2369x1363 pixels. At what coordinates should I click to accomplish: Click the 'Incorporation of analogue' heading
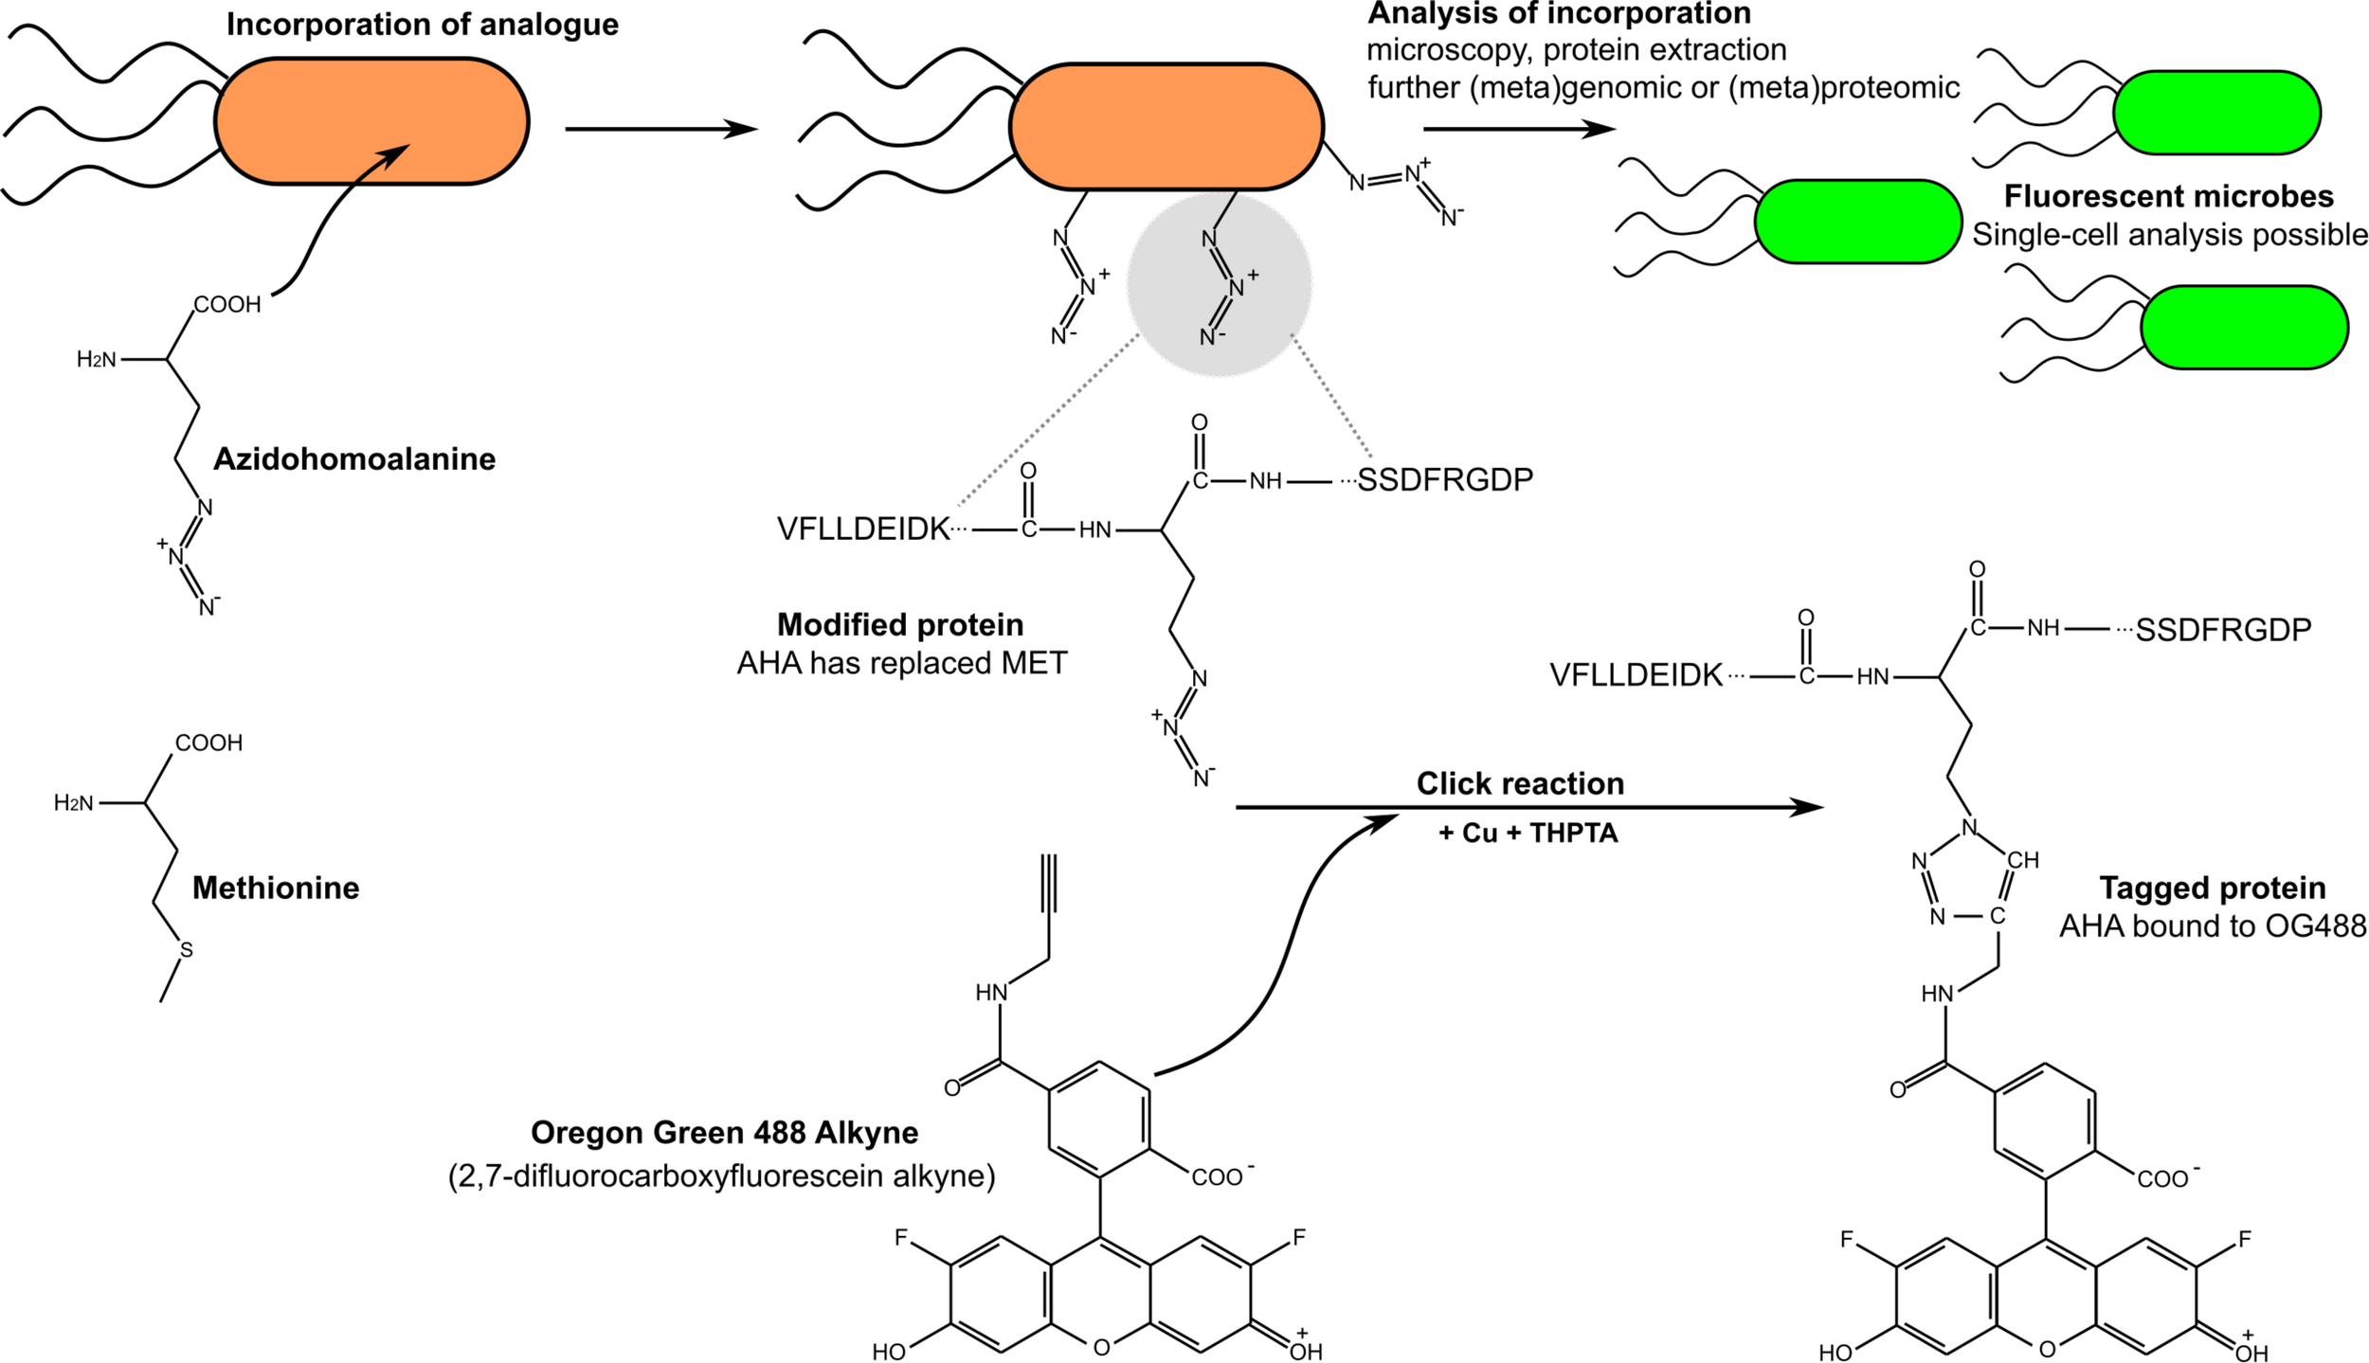coord(422,25)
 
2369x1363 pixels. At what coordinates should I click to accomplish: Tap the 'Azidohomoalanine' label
coord(354,459)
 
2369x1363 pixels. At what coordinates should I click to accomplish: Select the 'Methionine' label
coord(276,888)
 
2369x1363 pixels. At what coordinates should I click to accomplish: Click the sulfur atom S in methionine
coord(187,950)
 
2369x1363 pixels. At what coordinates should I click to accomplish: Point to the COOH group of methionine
coord(208,744)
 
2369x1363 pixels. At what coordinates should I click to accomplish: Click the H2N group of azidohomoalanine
coord(97,360)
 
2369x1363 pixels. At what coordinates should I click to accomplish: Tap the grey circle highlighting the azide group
coord(1219,284)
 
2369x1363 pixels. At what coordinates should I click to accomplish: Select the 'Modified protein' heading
coord(900,625)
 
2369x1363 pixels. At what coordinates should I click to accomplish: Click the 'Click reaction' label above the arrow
coord(1520,784)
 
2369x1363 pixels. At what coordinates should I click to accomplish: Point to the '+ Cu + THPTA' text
coord(1528,834)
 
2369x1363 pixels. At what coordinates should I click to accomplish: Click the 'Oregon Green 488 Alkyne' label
coord(724,1133)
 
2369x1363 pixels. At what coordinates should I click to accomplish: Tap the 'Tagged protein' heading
coord(2213,888)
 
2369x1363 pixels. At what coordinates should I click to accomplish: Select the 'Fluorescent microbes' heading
coord(2168,197)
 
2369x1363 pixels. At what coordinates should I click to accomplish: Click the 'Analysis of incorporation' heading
coord(1560,14)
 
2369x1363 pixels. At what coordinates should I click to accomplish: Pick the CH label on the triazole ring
coord(2022,861)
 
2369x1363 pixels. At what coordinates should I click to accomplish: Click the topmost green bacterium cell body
coord(2216,113)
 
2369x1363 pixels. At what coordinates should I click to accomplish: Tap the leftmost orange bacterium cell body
coord(371,121)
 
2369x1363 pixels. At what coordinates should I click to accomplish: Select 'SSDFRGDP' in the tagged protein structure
coord(2223,631)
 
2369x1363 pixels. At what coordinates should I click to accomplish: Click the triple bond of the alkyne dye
coord(1048,883)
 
